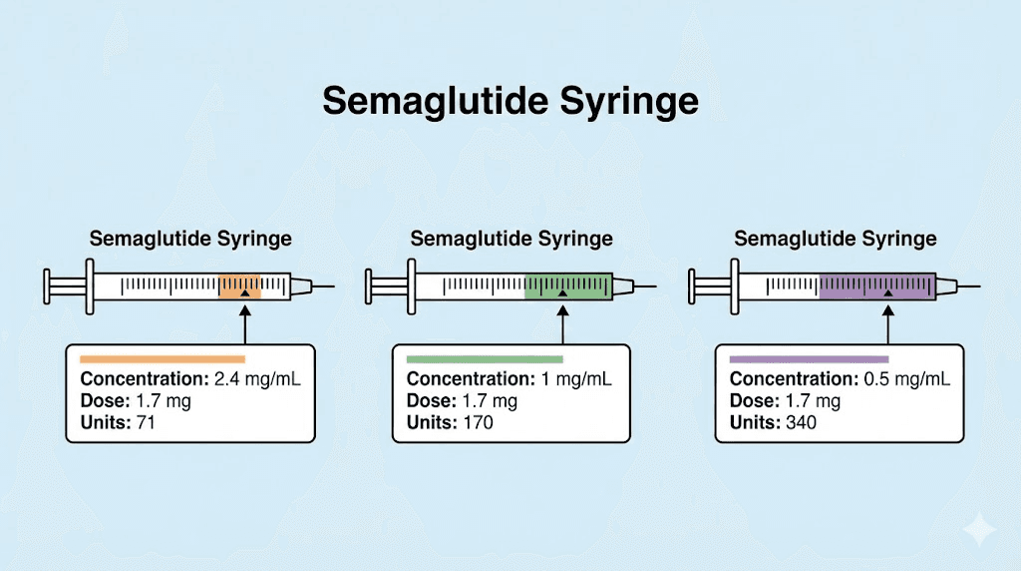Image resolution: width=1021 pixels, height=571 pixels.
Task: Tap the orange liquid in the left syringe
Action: click(239, 286)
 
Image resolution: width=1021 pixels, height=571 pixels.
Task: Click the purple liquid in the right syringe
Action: click(877, 286)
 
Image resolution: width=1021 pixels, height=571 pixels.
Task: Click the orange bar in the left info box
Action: click(163, 358)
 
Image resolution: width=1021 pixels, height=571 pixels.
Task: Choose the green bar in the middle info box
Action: click(486, 358)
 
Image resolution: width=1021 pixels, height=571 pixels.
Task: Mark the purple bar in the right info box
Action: click(809, 358)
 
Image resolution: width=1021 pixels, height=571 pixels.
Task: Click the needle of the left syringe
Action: click(324, 287)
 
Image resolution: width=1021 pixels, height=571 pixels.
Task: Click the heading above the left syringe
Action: click(190, 239)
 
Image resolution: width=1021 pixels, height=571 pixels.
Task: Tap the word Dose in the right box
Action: click(749, 401)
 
